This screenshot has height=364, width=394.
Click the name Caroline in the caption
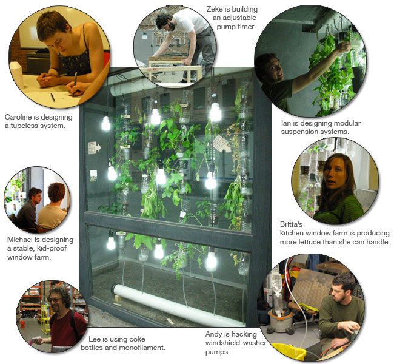(18, 116)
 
